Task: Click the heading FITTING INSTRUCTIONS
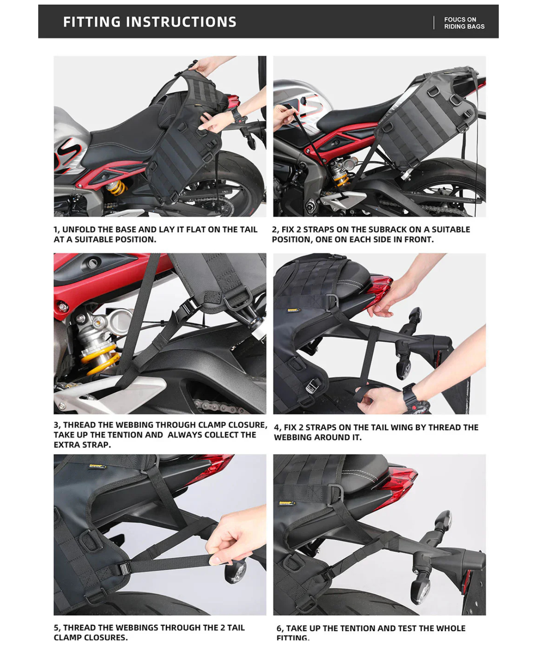pos(150,22)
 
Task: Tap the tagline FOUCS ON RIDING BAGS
pos(464,23)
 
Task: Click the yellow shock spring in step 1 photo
pos(116,187)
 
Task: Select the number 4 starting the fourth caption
pos(277,427)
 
